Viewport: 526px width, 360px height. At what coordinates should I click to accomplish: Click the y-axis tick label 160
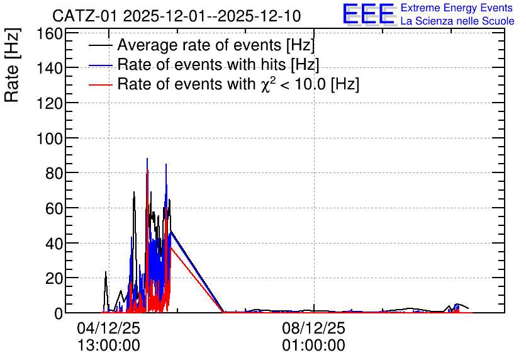click(x=50, y=33)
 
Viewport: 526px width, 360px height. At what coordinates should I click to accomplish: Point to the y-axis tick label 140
click(x=50, y=69)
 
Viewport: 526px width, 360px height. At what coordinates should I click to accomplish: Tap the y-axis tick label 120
click(x=50, y=103)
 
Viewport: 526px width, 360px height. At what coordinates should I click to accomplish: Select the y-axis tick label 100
click(x=50, y=138)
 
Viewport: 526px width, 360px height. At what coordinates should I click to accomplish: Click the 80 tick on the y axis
click(x=54, y=174)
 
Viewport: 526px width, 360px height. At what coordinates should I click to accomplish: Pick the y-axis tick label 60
click(x=54, y=208)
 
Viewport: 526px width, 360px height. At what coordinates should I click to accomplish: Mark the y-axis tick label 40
click(x=54, y=243)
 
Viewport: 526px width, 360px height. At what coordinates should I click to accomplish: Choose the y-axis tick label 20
click(x=54, y=278)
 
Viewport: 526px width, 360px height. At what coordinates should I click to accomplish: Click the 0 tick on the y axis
click(x=59, y=313)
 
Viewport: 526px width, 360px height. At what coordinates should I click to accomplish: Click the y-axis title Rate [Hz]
click(x=12, y=65)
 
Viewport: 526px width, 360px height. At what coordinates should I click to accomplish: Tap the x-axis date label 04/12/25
click(x=108, y=328)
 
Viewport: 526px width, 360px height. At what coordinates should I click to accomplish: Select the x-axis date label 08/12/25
click(x=313, y=328)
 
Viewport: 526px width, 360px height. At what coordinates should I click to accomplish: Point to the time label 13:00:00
click(x=108, y=346)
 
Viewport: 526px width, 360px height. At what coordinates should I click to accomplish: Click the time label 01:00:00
click(x=313, y=346)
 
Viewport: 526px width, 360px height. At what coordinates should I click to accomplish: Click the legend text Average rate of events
click(x=199, y=45)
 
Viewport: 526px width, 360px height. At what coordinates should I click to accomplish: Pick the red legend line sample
click(x=101, y=85)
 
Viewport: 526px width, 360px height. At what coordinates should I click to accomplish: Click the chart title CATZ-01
click(x=86, y=16)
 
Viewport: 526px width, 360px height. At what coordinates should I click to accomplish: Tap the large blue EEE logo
click(x=369, y=14)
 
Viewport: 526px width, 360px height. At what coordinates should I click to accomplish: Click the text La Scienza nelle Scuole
click(x=457, y=21)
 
